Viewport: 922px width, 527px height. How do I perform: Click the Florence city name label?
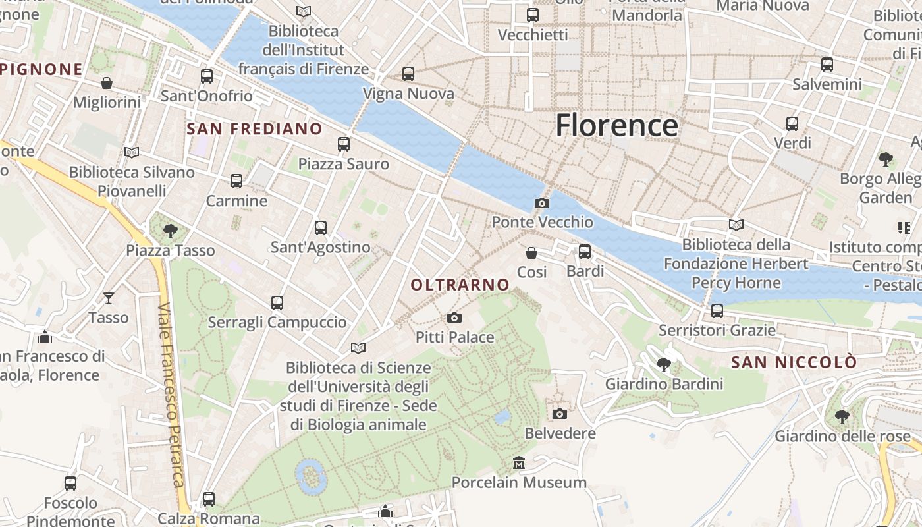[x=616, y=125]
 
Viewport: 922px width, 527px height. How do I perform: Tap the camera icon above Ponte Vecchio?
[x=542, y=203]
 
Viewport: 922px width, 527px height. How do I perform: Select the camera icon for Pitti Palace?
[x=454, y=318]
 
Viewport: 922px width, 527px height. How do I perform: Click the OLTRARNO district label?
[x=460, y=285]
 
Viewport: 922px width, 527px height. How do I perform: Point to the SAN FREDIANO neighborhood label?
[x=254, y=128]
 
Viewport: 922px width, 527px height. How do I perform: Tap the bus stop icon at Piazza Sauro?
[x=343, y=144]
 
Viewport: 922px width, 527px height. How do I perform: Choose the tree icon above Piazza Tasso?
[x=171, y=231]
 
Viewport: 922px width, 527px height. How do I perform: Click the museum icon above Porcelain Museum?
[x=518, y=463]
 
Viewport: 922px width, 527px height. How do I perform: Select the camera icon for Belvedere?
[x=560, y=414]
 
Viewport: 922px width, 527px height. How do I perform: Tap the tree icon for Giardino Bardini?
[x=664, y=364]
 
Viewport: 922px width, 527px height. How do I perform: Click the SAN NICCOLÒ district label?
[x=794, y=362]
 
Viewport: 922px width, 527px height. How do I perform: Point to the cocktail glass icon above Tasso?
[x=109, y=298]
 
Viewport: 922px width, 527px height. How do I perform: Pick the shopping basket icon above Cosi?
[x=531, y=252]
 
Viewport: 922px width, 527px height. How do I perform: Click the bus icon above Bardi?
[x=584, y=252]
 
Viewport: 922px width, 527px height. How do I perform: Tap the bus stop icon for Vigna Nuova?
[x=408, y=74]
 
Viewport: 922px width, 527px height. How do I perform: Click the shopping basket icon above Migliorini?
[x=107, y=83]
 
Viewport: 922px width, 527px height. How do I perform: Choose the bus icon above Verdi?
[x=792, y=123]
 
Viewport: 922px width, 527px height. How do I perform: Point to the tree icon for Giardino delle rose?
[x=842, y=416]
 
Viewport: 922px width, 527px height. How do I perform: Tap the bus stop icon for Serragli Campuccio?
[x=277, y=303]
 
